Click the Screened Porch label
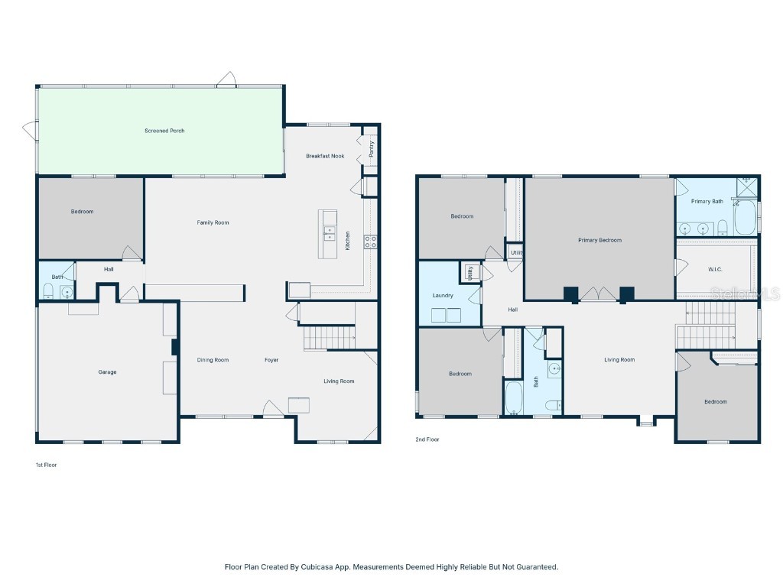[164, 131]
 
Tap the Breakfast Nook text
[325, 156]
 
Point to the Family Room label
[213, 222]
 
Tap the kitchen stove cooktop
[370, 242]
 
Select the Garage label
[107, 372]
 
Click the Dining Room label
[213, 360]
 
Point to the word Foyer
[271, 360]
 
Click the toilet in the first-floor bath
[48, 290]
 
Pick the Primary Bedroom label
[599, 240]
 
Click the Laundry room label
[443, 295]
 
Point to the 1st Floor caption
[46, 465]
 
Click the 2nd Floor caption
[428, 439]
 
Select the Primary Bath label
[707, 201]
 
